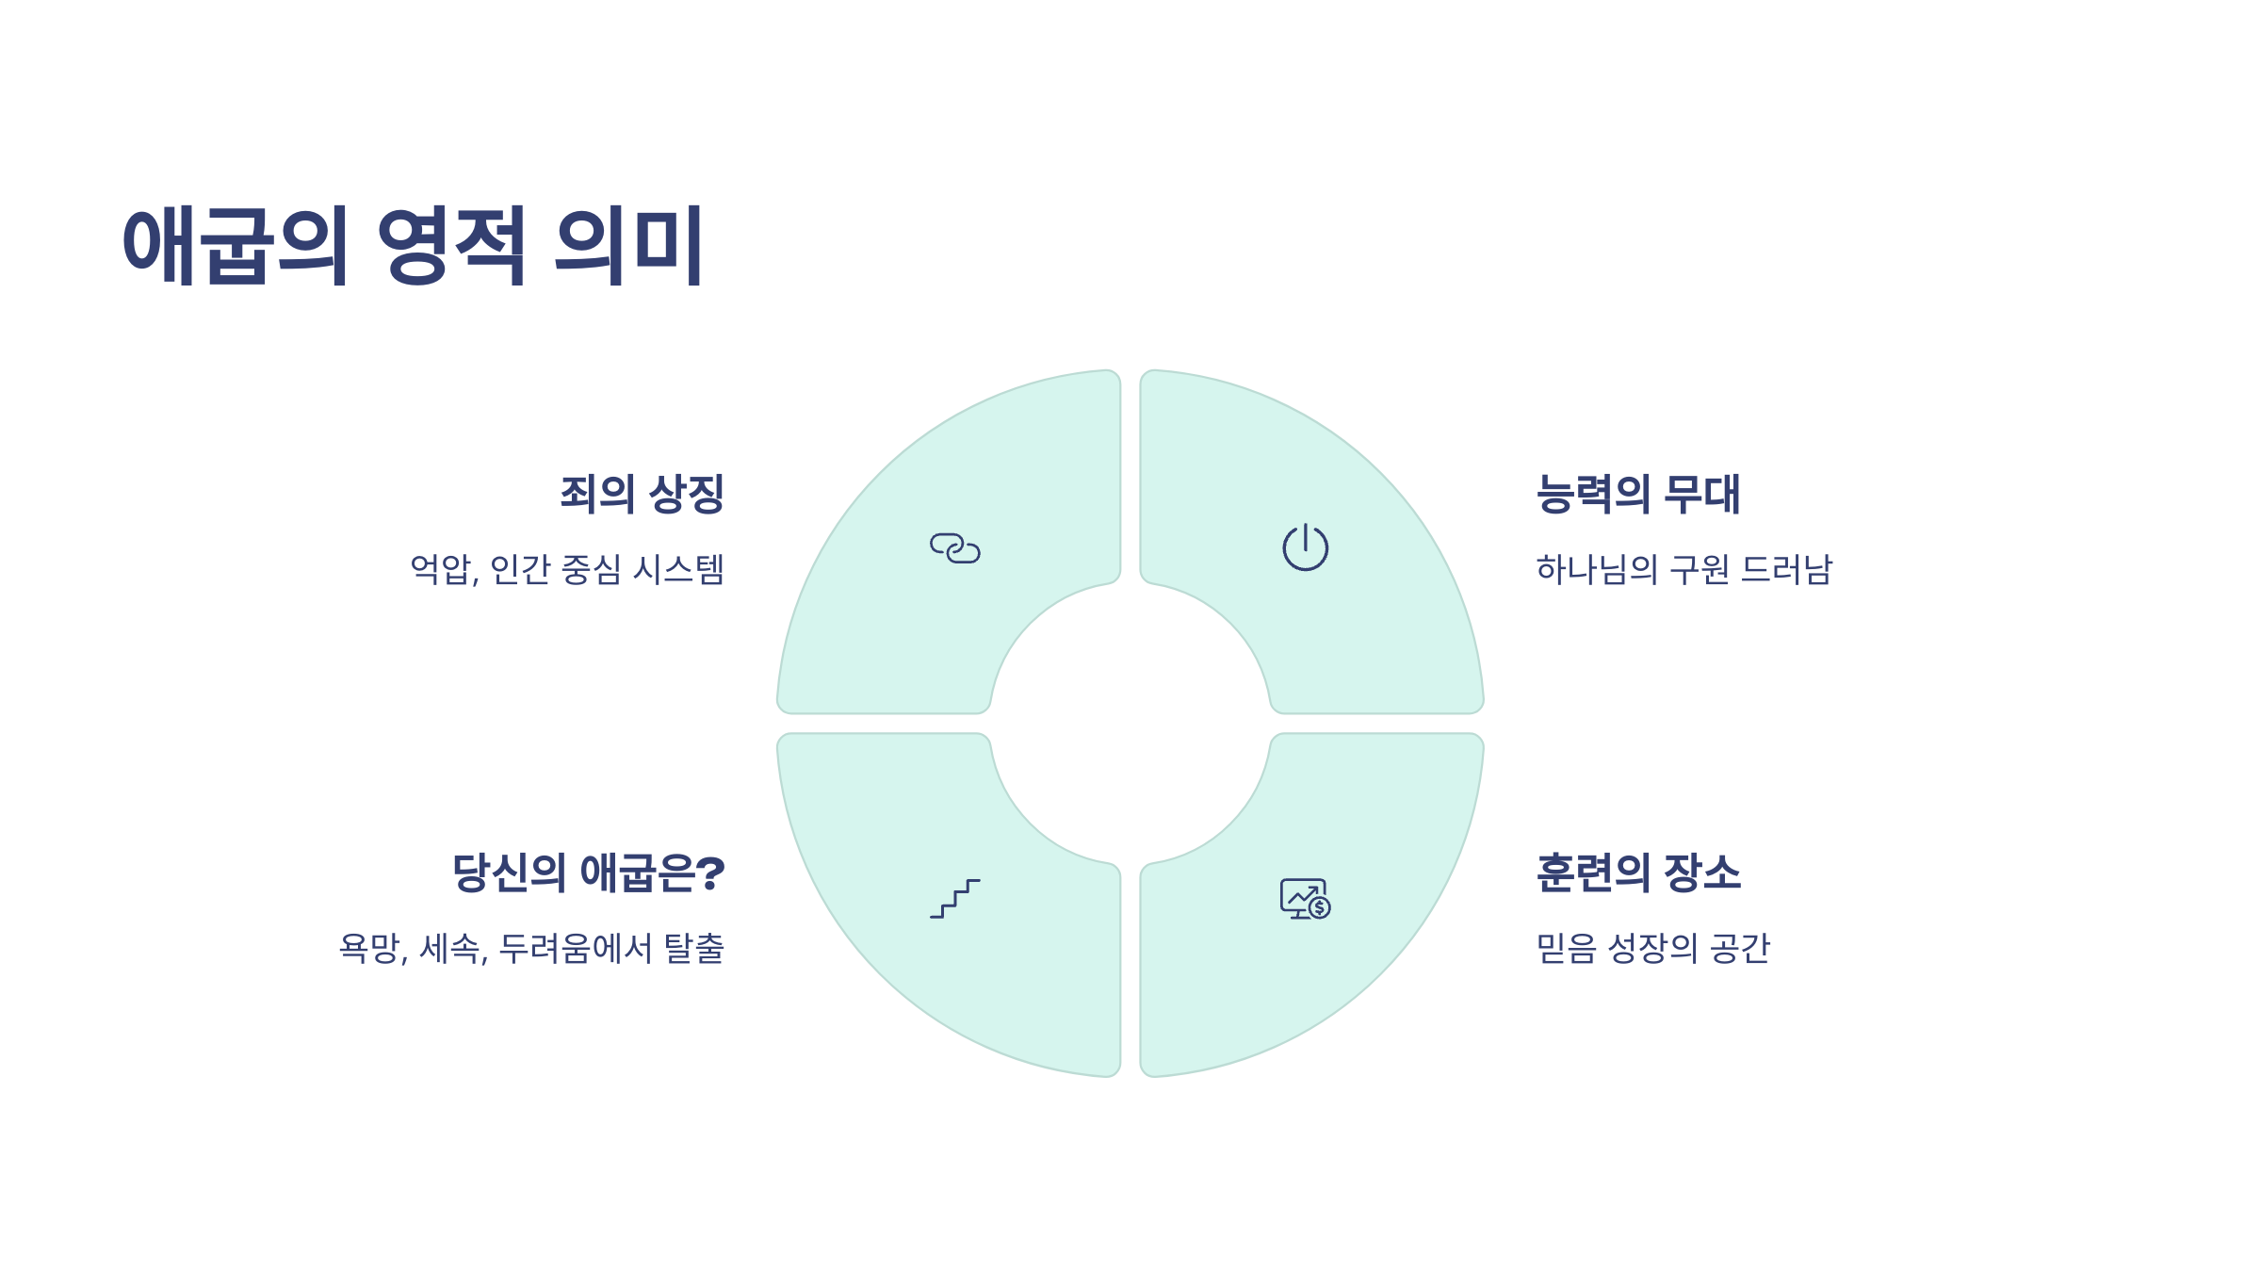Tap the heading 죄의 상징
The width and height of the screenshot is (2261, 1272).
pos(642,494)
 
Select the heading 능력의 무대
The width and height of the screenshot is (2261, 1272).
pos(1637,494)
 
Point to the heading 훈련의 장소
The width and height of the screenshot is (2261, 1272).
pos(1637,872)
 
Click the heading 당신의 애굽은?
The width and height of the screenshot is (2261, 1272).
pos(588,872)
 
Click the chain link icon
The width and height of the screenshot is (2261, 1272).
pos(954,548)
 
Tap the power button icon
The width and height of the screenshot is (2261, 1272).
pos(1305,547)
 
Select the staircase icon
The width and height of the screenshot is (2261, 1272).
pos(954,898)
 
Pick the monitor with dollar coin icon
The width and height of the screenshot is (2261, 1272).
pos(1305,899)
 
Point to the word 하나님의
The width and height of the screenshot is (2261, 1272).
pos(1596,569)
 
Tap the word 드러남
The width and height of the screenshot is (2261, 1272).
pos(1786,569)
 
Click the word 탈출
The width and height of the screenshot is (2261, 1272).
pos(694,948)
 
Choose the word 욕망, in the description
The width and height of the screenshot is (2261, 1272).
pos(373,948)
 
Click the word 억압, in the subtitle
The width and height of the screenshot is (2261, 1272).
pos(444,569)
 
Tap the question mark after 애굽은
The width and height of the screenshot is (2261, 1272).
pos(711,872)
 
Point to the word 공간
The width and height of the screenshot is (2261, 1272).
pos(1740,948)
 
